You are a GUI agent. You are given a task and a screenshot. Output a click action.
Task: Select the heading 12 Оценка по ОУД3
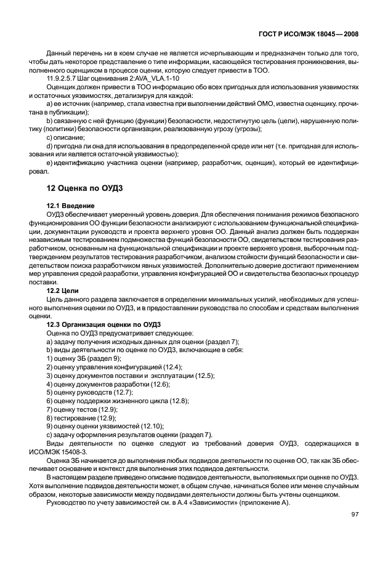[x=87, y=187]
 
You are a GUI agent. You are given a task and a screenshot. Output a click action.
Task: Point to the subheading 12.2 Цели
[x=63, y=288]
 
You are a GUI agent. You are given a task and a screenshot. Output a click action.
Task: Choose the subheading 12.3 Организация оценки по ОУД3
[x=103, y=323]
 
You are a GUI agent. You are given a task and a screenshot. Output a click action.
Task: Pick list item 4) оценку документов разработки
[x=100, y=383]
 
